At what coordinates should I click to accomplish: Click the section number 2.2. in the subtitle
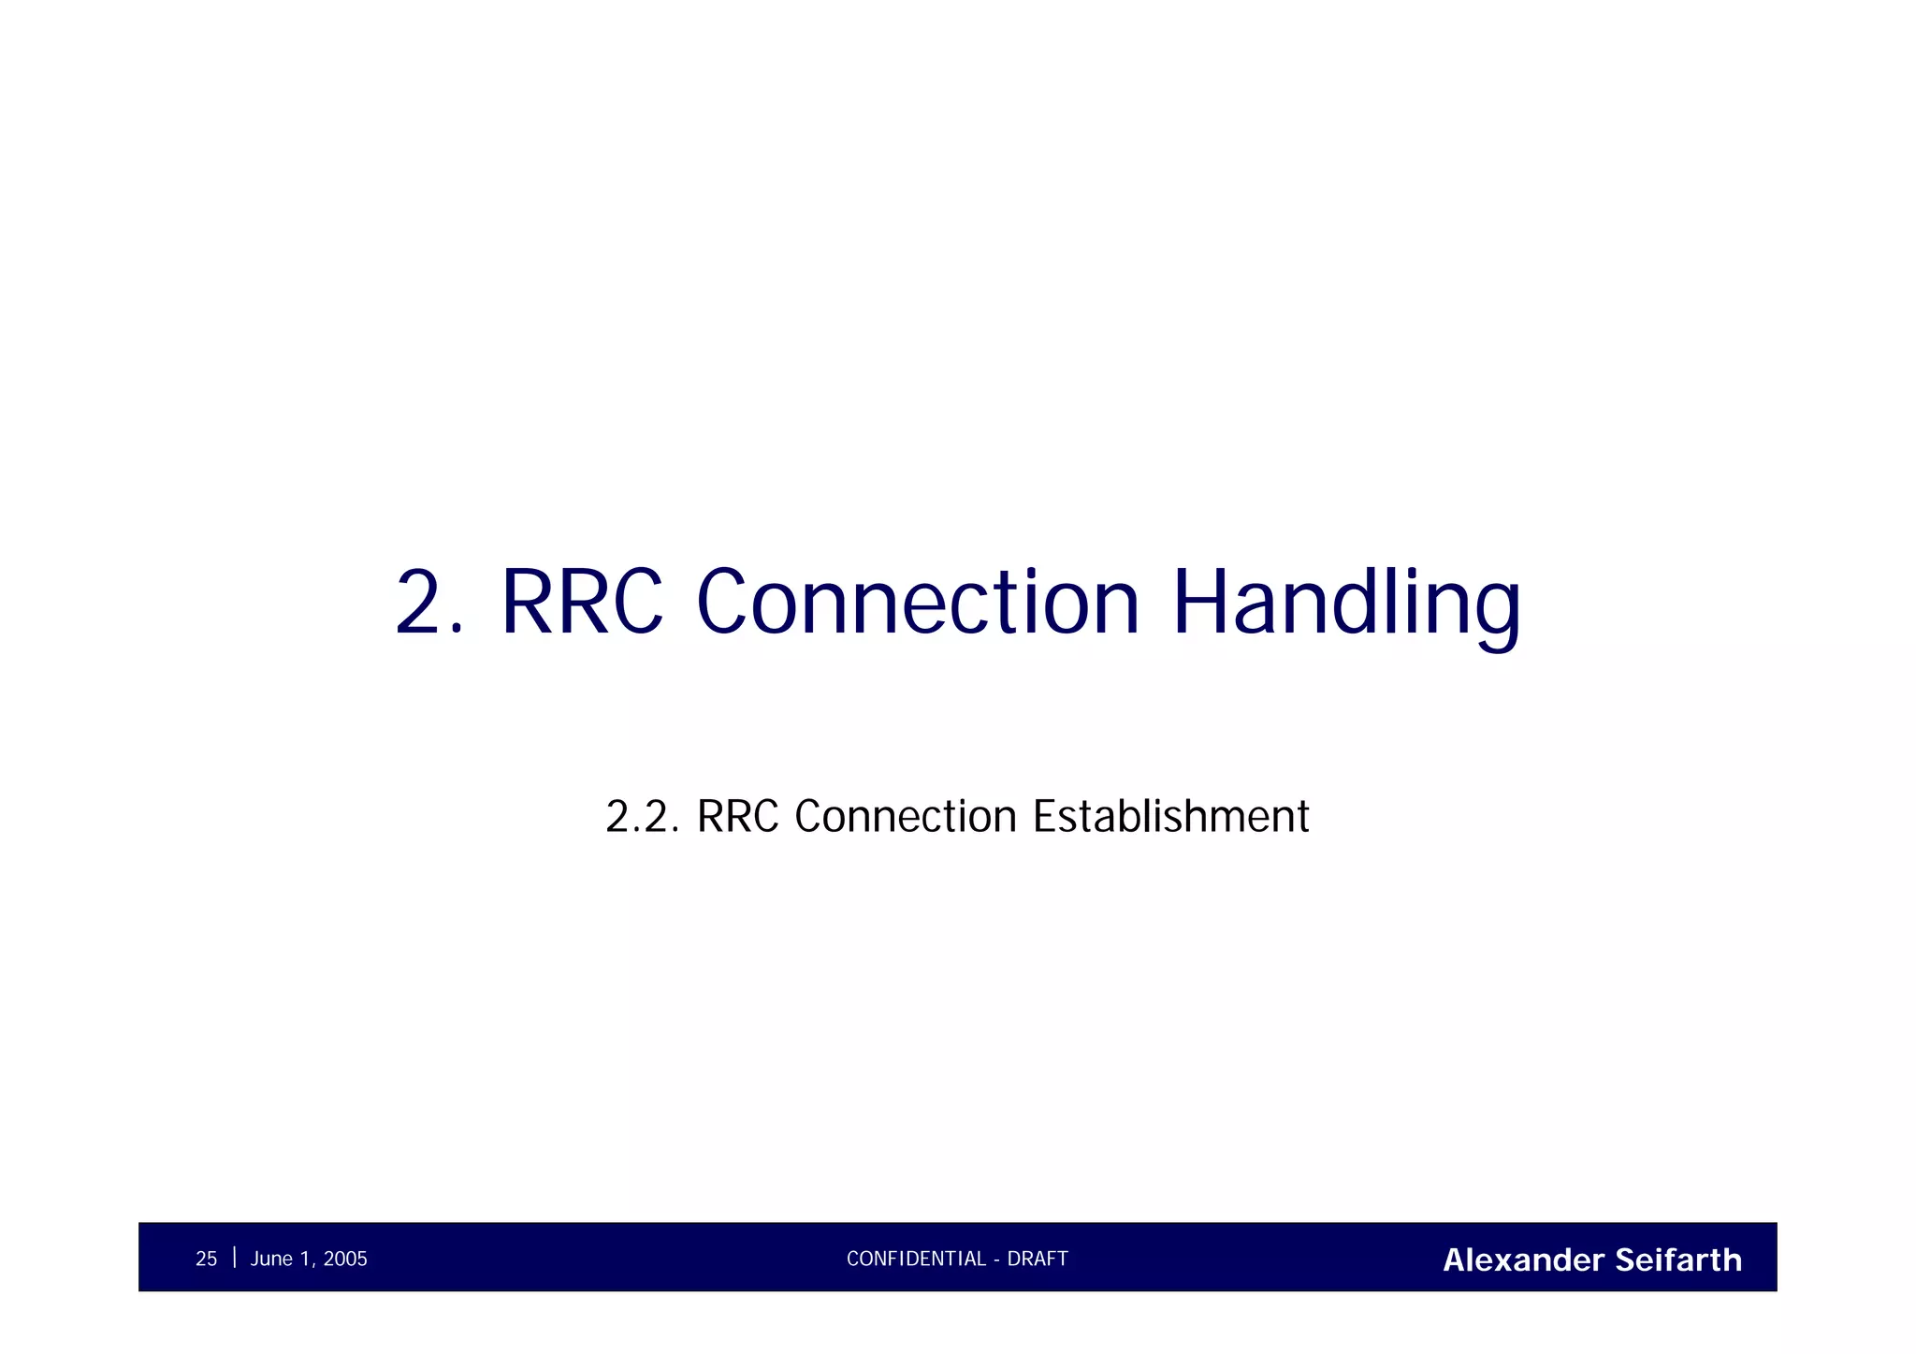tap(642, 816)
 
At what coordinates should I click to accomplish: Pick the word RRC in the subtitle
tap(738, 816)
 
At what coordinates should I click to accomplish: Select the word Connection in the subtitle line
tap(905, 816)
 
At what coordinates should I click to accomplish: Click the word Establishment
tap(1170, 816)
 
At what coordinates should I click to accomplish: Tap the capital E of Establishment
tap(1045, 816)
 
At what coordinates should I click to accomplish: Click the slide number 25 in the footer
tap(206, 1259)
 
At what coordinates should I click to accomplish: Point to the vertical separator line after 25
tap(234, 1257)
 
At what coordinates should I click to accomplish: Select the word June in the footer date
tap(271, 1259)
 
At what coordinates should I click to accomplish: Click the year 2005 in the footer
tap(345, 1259)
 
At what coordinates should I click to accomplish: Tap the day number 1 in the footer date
tap(305, 1259)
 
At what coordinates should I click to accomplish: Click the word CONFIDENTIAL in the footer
tap(916, 1259)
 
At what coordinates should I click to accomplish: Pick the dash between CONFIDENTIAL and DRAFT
tap(997, 1259)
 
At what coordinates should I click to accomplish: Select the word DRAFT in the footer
tap(1038, 1259)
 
